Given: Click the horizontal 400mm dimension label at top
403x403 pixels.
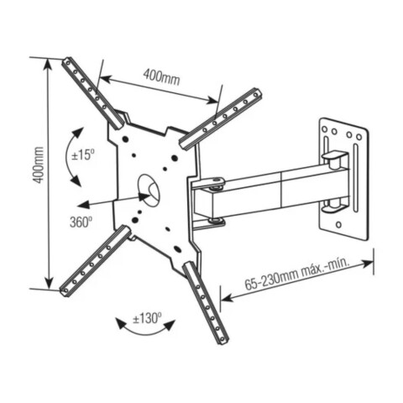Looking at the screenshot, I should (162, 76).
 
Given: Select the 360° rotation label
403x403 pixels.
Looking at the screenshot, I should (81, 222).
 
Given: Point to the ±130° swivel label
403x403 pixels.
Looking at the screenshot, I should (149, 318).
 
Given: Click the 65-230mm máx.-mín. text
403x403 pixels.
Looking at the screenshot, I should (297, 278).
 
